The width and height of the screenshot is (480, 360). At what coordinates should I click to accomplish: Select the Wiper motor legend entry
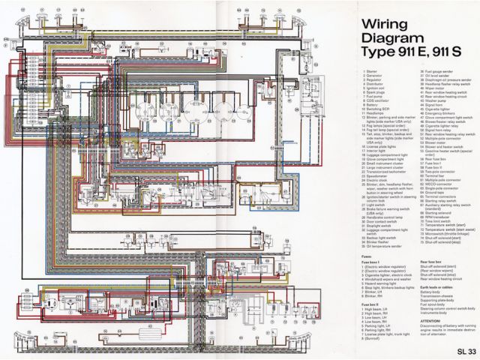click(x=414, y=88)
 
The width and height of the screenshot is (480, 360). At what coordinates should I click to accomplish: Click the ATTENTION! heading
click(x=411, y=322)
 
